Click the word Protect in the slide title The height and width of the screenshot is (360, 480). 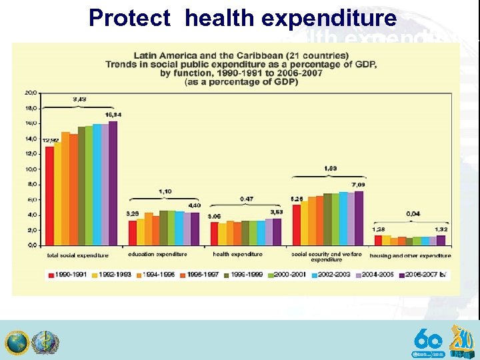(x=129, y=18)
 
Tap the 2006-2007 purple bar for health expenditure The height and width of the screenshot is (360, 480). (x=277, y=231)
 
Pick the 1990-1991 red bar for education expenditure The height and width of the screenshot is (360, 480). (x=132, y=232)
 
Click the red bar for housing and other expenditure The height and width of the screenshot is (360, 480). (x=378, y=240)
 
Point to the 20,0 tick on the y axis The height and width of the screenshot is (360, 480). (x=31, y=92)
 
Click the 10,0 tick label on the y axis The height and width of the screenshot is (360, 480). (x=31, y=169)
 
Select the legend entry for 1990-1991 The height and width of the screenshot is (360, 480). (x=67, y=274)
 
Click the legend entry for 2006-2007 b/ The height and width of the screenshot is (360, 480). (x=425, y=274)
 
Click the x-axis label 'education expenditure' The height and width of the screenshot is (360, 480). (x=157, y=255)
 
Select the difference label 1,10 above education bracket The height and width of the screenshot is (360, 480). (x=165, y=192)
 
